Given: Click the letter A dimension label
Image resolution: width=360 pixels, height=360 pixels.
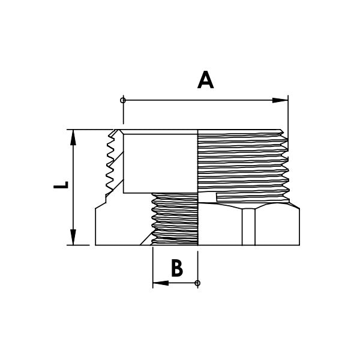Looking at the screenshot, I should click(x=206, y=80).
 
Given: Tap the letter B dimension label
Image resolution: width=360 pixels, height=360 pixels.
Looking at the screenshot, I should click(x=176, y=268).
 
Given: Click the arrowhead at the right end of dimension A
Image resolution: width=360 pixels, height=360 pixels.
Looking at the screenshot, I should click(x=280, y=100).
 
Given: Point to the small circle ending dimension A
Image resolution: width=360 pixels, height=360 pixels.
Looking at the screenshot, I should click(x=123, y=100).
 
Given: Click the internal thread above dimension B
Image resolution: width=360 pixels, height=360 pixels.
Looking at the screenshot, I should click(x=174, y=219).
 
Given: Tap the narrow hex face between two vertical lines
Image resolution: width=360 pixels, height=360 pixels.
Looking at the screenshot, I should click(x=249, y=227).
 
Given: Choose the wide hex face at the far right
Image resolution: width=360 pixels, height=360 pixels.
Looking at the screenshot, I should click(x=277, y=227).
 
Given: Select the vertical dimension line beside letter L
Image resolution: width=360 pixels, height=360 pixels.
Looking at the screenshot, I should click(x=73, y=187).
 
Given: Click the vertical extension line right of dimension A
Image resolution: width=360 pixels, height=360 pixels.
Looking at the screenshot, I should click(x=288, y=114).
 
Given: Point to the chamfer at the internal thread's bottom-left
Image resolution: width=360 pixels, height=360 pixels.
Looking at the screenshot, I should click(x=146, y=240).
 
